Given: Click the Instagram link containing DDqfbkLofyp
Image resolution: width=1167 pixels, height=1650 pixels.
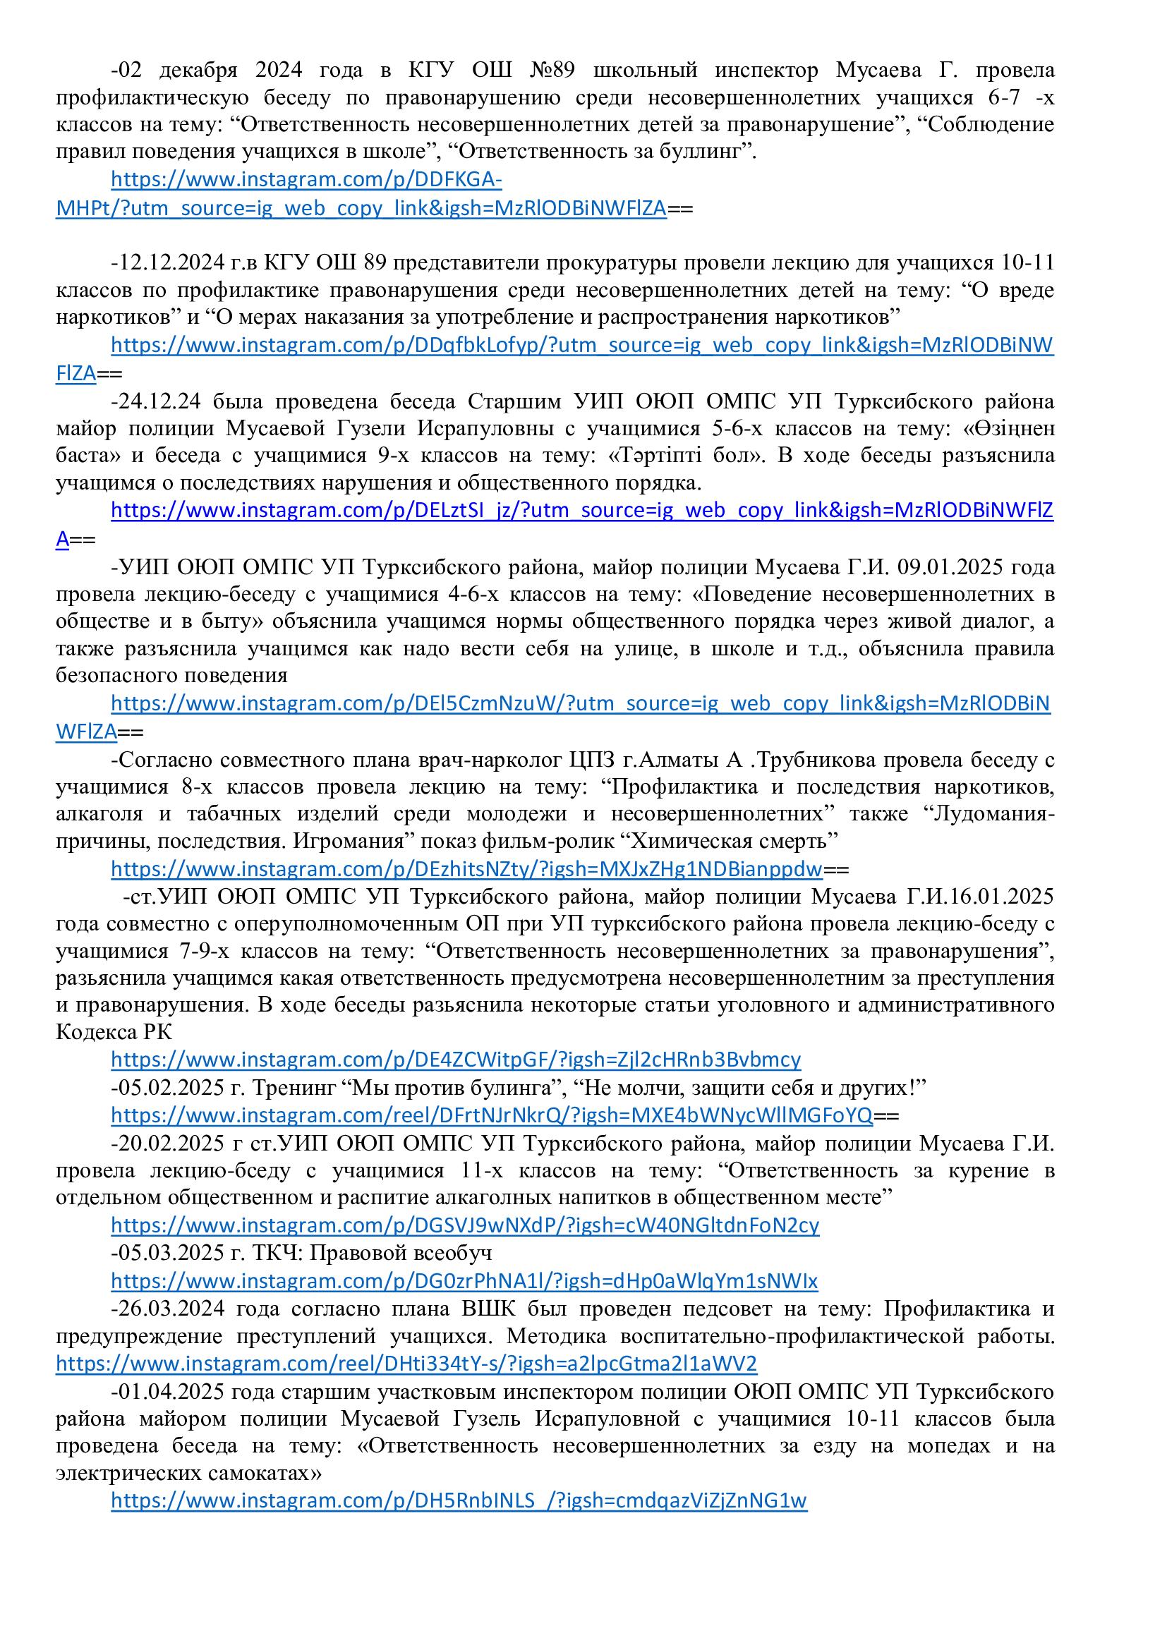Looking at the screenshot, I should [582, 346].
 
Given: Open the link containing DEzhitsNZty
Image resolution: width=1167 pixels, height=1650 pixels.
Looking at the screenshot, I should [466, 870].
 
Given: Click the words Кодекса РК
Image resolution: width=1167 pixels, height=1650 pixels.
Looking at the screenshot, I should [114, 1032].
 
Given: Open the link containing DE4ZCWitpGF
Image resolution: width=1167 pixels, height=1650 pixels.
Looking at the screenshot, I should [456, 1060].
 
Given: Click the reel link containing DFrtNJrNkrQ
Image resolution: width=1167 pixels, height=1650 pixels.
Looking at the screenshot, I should [492, 1115].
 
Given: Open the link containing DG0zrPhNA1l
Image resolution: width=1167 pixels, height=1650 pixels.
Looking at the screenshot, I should [464, 1280].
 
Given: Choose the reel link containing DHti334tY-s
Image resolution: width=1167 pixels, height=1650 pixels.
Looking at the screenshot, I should [406, 1364].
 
